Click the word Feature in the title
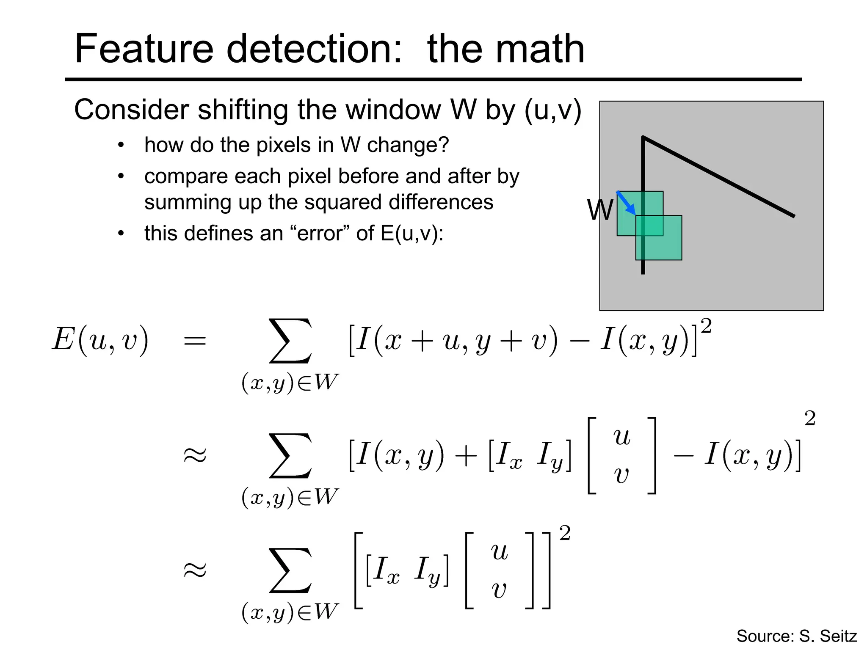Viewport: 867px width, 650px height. point(143,49)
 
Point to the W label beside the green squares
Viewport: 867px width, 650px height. point(599,210)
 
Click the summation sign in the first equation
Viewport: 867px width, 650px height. point(290,341)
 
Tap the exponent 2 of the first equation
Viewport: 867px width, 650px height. point(706,326)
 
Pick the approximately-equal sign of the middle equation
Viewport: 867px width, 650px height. point(195,455)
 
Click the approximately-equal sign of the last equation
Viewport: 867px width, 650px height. point(195,570)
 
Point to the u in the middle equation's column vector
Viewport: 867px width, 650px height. point(621,437)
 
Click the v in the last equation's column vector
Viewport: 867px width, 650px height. point(499,589)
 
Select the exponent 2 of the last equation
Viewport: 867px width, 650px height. point(565,533)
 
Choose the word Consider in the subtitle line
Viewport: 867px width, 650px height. point(132,110)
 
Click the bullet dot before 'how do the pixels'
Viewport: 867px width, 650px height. point(121,146)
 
